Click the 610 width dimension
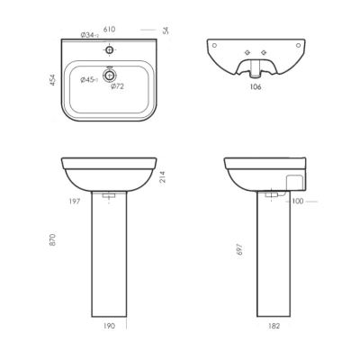[109, 29]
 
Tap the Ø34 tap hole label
[90, 35]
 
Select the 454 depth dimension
[53, 80]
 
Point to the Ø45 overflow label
[89, 80]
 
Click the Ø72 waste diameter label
[117, 86]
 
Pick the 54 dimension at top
[166, 31]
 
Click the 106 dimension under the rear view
[256, 87]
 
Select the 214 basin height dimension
[163, 177]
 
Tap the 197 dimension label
[75, 202]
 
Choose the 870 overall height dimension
[53, 239]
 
